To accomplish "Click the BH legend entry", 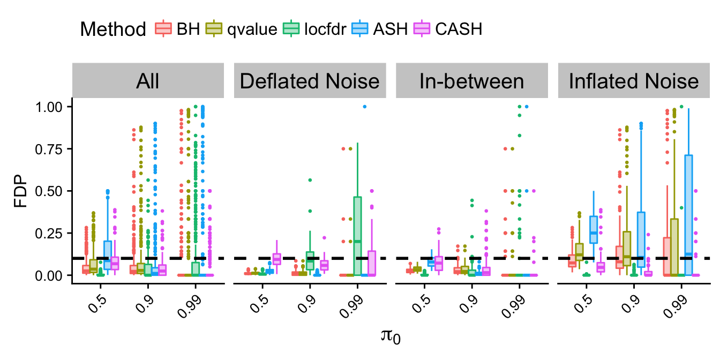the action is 177,29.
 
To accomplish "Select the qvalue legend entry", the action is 242,29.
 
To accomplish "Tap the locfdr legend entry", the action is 314,29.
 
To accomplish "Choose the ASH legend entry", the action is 380,29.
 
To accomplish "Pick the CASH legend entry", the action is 448,29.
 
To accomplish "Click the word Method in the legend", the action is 113,29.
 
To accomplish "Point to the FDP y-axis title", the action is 20,191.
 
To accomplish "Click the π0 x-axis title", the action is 391,336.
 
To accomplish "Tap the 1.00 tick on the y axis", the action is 49,107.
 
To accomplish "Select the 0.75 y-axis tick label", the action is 49,149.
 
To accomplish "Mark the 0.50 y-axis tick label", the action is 49,191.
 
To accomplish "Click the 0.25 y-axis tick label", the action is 49,234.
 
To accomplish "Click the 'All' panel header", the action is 148,81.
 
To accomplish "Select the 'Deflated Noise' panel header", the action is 310,81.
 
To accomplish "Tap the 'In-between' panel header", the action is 472,81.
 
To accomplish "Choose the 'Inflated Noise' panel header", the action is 634,81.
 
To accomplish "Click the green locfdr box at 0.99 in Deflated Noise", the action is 357,236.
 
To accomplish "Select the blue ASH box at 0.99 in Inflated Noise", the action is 688,215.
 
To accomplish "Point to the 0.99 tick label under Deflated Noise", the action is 351,306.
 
